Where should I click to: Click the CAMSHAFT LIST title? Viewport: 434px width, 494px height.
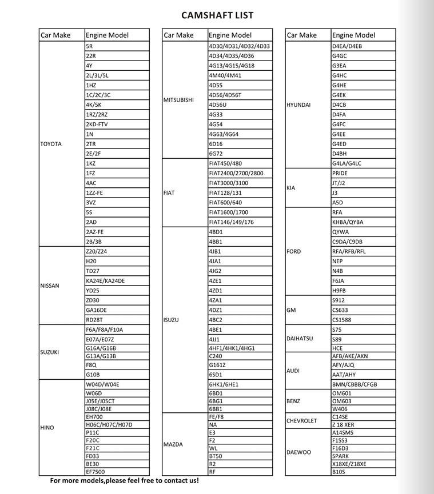[217, 15]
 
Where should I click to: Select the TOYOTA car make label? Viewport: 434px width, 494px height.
[51, 144]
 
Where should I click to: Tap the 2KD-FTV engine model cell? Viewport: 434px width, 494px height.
[97, 124]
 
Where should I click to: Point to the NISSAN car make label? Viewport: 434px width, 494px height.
[50, 286]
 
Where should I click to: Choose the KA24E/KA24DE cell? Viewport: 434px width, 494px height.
[105, 280]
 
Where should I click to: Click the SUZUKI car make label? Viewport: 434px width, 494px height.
[50, 352]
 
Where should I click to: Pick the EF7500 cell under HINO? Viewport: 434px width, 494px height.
[95, 472]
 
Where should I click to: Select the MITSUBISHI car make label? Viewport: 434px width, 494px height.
[179, 100]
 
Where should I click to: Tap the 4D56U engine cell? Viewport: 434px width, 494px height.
[218, 105]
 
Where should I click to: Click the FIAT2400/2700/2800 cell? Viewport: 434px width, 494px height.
[236, 173]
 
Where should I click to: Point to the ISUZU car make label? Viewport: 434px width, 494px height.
[171, 320]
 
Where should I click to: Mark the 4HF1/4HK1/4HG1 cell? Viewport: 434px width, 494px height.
[232, 348]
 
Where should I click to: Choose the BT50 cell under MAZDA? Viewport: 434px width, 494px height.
[216, 456]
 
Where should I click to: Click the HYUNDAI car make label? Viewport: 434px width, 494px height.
[298, 105]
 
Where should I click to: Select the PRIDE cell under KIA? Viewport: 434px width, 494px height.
[340, 173]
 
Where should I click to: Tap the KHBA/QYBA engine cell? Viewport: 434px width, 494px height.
[348, 222]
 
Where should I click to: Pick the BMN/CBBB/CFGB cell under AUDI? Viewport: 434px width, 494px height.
[355, 384]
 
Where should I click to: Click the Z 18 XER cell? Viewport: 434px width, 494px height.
[343, 424]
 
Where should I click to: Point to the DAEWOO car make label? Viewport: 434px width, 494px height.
[299, 452]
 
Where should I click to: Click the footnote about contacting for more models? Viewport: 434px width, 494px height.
[125, 481]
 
